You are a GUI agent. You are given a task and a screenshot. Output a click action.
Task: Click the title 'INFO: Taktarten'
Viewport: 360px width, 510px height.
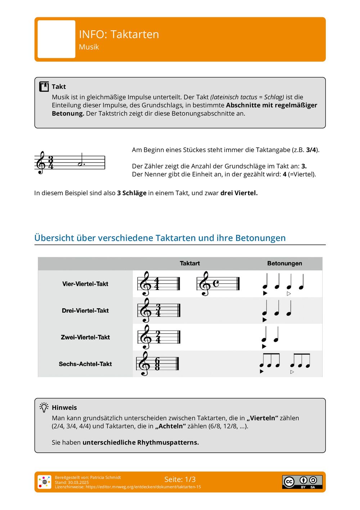tap(119, 34)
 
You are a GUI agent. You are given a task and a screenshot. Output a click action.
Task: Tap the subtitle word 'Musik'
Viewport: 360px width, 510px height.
tap(89, 47)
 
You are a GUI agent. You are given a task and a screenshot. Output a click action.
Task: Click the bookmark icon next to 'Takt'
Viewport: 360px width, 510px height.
tap(44, 86)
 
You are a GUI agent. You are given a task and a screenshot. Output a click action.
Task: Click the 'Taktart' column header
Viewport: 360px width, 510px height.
tap(190, 263)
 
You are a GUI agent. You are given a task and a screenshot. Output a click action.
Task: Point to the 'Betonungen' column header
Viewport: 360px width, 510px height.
tap(284, 263)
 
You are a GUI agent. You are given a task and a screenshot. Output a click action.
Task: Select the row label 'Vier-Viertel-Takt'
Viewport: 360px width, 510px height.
tap(85, 284)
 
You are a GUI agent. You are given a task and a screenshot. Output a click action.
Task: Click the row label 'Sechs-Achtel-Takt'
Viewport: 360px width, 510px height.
tap(85, 364)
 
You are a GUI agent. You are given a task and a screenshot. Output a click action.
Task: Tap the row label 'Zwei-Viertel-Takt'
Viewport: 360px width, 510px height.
tap(85, 337)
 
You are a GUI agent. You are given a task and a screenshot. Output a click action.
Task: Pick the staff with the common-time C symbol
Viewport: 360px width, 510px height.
tap(218, 283)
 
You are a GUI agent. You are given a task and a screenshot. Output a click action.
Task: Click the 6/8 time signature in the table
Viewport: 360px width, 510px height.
tap(157, 364)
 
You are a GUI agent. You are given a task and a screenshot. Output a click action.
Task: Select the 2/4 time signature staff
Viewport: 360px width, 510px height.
tap(158, 337)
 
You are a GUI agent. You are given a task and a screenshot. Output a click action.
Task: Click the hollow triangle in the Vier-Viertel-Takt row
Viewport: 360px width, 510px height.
tap(289, 294)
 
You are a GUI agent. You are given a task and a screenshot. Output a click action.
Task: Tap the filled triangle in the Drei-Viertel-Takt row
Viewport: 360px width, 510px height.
tap(265, 320)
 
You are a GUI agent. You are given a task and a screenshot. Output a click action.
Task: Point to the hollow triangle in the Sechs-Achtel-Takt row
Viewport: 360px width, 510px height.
tap(292, 372)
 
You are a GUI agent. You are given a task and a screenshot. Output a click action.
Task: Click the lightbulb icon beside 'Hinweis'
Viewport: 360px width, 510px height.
tap(44, 407)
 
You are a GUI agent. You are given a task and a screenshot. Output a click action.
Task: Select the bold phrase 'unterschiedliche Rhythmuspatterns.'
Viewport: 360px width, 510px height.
tap(140, 442)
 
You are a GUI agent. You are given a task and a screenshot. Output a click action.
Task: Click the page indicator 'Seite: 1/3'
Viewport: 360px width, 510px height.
tap(180, 479)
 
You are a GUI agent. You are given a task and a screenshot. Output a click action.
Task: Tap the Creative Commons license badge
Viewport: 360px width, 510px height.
tap(302, 482)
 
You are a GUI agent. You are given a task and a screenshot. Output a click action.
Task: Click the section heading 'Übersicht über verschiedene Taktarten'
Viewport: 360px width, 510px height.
tap(160, 238)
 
